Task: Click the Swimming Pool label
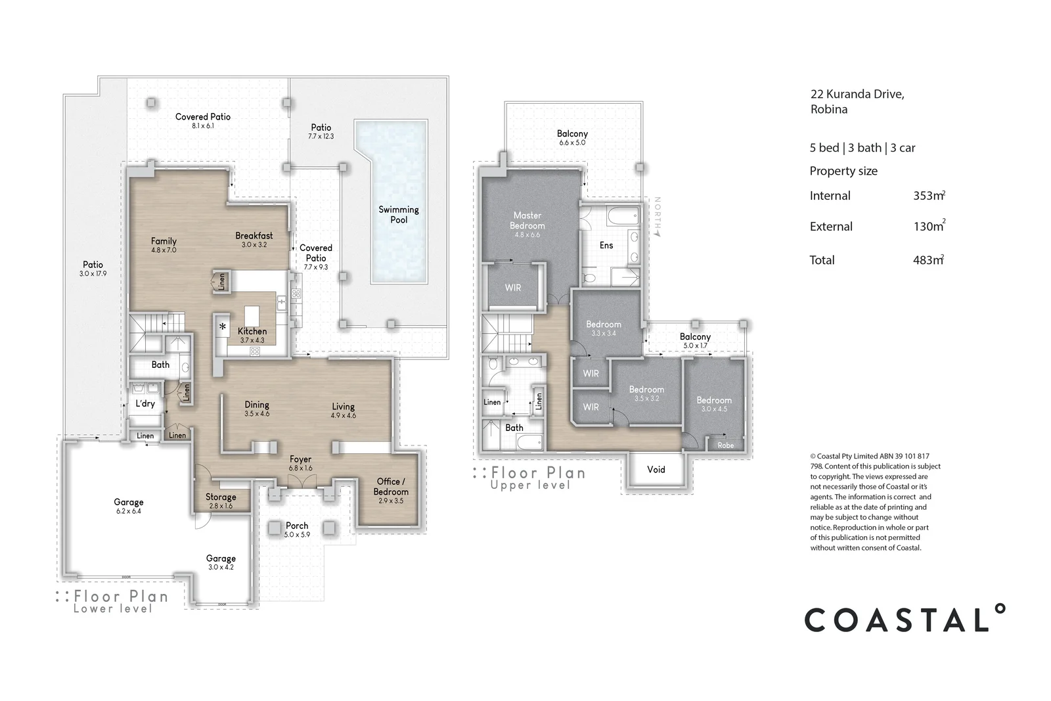click(398, 214)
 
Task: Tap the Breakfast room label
click(254, 236)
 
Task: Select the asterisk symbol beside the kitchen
click(223, 327)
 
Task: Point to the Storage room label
click(221, 497)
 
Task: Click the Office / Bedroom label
click(391, 487)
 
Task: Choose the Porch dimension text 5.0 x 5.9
click(297, 534)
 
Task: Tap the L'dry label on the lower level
click(145, 403)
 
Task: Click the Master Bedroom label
click(527, 221)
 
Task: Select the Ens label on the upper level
click(606, 245)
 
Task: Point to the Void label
click(656, 469)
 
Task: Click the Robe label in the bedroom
click(725, 445)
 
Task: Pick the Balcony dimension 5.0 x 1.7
click(695, 346)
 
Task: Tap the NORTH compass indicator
click(658, 216)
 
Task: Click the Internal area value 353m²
click(929, 195)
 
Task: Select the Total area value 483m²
click(929, 260)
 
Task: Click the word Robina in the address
click(829, 109)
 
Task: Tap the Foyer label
click(300, 459)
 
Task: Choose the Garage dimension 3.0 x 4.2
click(221, 567)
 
